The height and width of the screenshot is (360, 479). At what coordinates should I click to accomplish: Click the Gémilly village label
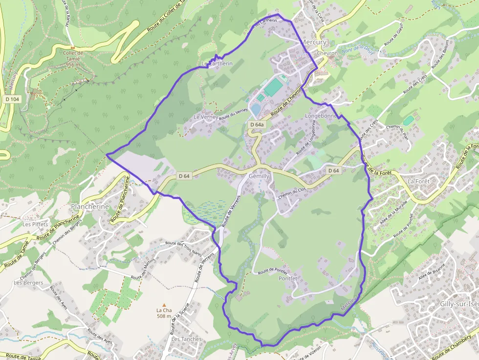point(259,176)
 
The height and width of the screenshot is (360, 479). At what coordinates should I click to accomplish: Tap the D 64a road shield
point(257,125)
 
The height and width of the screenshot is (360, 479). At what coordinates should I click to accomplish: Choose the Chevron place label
point(327,53)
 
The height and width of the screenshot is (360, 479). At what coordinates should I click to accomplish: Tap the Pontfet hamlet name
point(288,278)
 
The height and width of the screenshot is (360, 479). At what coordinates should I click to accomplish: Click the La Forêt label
point(418,181)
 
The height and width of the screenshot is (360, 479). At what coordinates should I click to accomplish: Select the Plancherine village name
point(89,207)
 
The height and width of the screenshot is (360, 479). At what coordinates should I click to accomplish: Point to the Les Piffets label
point(35,224)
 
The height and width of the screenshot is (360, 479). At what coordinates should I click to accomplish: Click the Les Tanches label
point(183,339)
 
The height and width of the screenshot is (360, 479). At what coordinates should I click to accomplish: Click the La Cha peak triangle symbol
point(164,304)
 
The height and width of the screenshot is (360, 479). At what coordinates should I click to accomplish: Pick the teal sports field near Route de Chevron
point(274,87)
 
